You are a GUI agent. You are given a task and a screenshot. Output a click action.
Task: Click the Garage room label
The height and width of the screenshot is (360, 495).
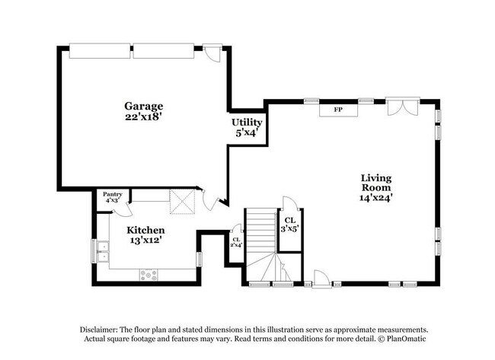144,107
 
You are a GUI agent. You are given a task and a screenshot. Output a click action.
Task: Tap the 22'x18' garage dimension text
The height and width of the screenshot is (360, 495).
144,117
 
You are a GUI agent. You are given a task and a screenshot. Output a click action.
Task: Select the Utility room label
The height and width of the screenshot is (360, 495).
247,123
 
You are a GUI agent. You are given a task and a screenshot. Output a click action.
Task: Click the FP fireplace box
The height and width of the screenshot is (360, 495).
338,110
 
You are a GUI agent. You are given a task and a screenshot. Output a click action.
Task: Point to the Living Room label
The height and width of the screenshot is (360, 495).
376,183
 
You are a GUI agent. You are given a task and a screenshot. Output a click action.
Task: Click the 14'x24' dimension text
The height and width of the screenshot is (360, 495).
376,198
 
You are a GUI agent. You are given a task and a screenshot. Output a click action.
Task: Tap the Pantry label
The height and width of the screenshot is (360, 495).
113,194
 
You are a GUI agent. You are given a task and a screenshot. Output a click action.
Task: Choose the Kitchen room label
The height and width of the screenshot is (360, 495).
145,231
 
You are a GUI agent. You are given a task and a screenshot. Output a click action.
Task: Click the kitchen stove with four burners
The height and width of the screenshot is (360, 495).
148,275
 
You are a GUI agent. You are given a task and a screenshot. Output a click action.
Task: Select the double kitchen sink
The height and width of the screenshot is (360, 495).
103,251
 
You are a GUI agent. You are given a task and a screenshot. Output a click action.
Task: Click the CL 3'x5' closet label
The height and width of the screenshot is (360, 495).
290,225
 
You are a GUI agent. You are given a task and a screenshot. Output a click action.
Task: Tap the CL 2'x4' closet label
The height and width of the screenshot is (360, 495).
236,242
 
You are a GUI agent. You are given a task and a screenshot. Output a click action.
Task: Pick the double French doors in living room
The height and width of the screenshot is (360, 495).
403,107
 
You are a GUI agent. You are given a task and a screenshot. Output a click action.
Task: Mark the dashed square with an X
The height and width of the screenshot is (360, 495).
182,202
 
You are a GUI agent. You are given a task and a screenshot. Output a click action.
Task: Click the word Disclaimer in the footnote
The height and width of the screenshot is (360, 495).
99,330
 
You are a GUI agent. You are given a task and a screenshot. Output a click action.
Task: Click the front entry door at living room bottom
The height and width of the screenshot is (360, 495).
321,279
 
